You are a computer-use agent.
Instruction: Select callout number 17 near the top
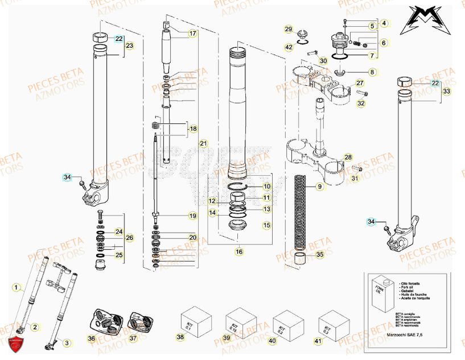[192, 34]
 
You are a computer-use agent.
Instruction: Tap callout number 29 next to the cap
[289, 30]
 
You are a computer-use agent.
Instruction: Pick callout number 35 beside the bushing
[319, 255]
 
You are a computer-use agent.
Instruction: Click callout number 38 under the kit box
[180, 338]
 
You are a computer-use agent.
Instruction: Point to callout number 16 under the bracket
[239, 251]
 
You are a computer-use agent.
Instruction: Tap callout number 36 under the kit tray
[92, 338]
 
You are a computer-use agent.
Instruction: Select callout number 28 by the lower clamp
[348, 157]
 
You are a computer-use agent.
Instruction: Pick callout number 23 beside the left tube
[129, 45]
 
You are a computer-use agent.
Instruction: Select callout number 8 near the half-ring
[372, 72]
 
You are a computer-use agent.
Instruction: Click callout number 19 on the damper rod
[192, 216]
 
